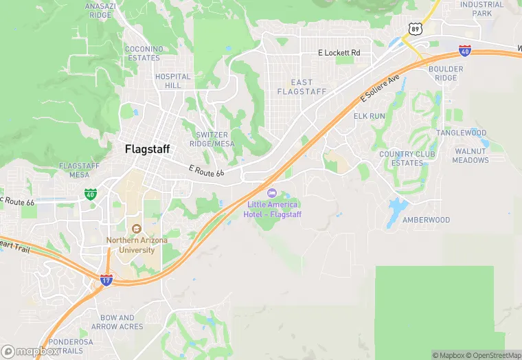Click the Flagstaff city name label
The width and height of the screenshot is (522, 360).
[147, 148]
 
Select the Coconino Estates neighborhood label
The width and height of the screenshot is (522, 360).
[144, 53]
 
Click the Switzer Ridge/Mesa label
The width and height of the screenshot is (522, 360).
[215, 139]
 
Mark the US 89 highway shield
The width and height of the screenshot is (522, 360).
[413, 28]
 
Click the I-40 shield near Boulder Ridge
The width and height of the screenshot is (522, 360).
[465, 50]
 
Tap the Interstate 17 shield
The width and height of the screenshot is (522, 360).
[106, 280]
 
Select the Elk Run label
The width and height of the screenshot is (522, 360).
[370, 116]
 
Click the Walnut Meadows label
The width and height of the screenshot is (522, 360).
[470, 155]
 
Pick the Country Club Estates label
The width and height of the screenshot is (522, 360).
[407, 159]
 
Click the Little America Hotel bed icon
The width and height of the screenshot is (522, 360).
[272, 193]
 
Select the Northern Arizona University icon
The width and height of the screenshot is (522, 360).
[135, 228]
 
